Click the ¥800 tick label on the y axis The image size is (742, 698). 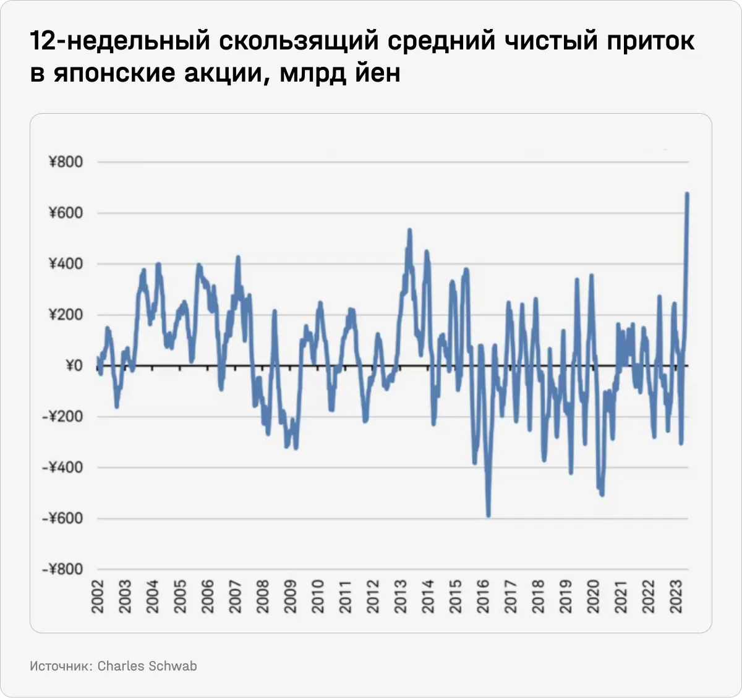point(65,162)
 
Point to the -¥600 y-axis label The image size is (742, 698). point(62,518)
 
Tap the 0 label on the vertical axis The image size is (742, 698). point(74,365)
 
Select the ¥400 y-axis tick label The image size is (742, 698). point(65,264)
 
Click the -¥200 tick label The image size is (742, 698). point(62,417)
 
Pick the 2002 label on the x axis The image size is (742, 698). point(98,597)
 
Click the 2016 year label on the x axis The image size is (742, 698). point(483,597)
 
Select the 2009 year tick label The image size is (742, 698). point(291,597)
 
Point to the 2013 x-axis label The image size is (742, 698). point(401,597)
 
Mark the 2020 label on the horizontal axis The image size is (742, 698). point(593,597)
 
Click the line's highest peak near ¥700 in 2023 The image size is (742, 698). point(687,194)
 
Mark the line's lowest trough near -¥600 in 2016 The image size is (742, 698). point(488,516)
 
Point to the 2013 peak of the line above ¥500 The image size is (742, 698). point(409,230)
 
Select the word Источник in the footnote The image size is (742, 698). point(61,666)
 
